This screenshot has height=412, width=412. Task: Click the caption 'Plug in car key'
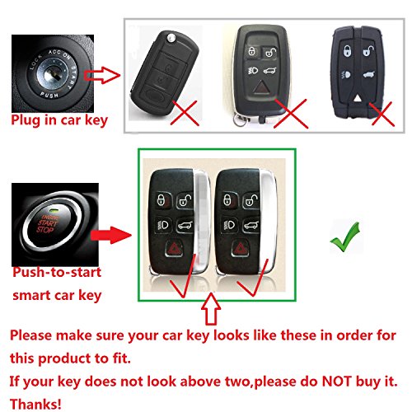pyautogui.click(x=58, y=120)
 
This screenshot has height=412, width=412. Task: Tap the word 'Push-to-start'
pyautogui.click(x=51, y=273)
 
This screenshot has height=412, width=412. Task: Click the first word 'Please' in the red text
pyautogui.click(x=35, y=337)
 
